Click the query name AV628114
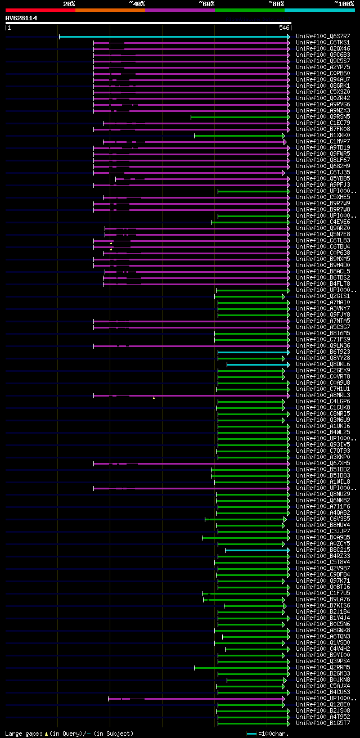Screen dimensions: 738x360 click(21, 18)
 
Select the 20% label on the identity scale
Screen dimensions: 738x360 click(69, 3)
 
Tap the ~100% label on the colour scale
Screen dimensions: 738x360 click(344, 3)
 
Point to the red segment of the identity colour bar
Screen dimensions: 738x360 click(40, 10)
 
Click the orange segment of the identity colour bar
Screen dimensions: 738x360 click(110, 10)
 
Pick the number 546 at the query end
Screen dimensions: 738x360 click(284, 28)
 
